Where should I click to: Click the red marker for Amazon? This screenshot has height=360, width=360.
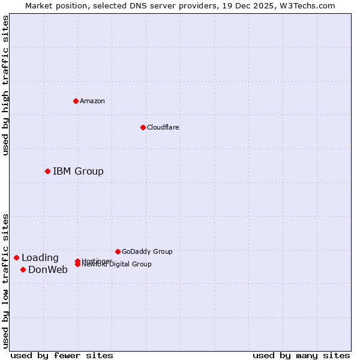pyautogui.click(x=76, y=101)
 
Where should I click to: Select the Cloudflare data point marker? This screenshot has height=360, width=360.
pyautogui.click(x=143, y=127)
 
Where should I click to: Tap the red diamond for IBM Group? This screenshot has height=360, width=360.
pyautogui.click(x=47, y=171)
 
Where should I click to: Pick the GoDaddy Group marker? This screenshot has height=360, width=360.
pyautogui.click(x=118, y=251)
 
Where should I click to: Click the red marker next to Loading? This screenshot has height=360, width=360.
pyautogui.click(x=16, y=257)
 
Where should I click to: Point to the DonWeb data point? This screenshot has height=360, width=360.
pyautogui.click(x=23, y=269)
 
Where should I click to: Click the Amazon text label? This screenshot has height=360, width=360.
pyautogui.click(x=92, y=101)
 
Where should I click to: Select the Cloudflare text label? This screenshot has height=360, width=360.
pyautogui.click(x=163, y=127)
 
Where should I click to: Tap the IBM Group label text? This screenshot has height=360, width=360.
pyautogui.click(x=78, y=171)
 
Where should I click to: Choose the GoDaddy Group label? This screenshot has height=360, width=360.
pyautogui.click(x=146, y=251)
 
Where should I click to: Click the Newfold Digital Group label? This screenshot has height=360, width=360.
pyautogui.click(x=116, y=265)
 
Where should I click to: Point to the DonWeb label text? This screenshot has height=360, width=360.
pyautogui.click(x=48, y=269)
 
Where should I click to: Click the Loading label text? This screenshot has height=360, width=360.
pyautogui.click(x=40, y=257)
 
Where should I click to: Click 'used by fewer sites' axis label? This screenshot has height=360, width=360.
pyautogui.click(x=62, y=355)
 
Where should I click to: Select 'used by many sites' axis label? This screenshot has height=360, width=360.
pyautogui.click(x=301, y=355)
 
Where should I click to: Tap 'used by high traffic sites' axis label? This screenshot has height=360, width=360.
pyautogui.click(x=6, y=85)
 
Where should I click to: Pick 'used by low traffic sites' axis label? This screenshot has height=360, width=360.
pyautogui.click(x=6, y=280)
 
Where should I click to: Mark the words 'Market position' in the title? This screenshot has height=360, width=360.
pyautogui.click(x=53, y=5)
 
